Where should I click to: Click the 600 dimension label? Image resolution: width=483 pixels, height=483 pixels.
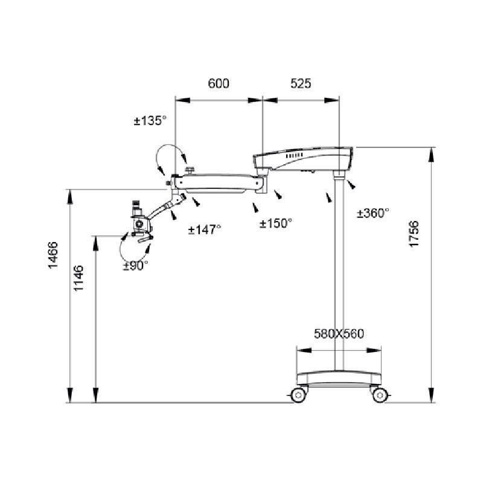pos(219,83)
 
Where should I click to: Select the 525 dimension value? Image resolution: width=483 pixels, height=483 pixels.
pos(301,83)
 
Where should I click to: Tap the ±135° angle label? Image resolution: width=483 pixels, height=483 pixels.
pos(150,120)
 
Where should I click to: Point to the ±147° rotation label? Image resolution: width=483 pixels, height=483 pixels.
pos(205,229)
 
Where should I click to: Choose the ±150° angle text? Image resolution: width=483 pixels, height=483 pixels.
pos(276,223)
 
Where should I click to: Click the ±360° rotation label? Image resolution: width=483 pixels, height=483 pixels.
pos(373,213)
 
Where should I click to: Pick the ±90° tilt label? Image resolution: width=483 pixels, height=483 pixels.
pos(135,266)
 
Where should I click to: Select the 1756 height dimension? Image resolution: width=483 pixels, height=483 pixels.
pos(414,234)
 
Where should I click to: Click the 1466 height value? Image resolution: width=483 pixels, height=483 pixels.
pos(53,255)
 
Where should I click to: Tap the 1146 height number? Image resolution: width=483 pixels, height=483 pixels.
pos(78,278)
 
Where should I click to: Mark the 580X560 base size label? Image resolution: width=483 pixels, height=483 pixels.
pos(339,334)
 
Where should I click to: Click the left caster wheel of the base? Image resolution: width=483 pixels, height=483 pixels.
pos(298,395)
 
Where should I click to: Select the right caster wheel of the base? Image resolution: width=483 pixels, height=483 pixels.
pos(380,395)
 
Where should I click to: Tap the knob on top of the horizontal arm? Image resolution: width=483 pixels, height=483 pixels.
pos(190,170)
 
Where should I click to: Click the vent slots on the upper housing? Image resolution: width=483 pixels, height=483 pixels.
pos(294,156)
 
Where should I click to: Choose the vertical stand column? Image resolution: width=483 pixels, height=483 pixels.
pos(339,274)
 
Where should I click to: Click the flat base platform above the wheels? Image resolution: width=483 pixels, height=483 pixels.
pos(339,379)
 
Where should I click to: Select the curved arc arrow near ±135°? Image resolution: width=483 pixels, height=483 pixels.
pos(169,156)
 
